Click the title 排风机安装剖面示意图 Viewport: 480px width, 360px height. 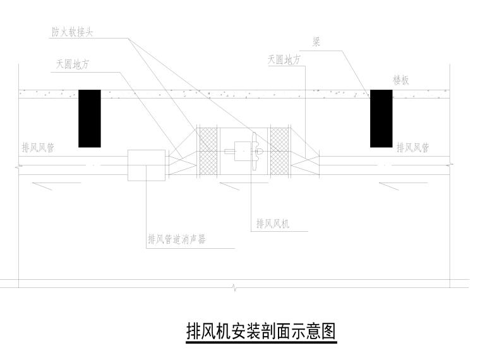261,331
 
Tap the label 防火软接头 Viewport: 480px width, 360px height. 72,32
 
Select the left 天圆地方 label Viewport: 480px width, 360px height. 73,64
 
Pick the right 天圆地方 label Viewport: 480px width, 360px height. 284,59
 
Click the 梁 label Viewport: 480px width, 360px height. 316,42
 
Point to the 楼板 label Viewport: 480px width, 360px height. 401,80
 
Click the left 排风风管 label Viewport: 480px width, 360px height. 38,148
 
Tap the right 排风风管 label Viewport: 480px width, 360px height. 413,148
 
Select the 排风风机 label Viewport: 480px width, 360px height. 273,224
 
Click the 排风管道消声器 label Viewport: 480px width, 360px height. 177,239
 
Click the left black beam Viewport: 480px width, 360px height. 90,119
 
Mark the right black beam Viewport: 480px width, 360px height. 381,119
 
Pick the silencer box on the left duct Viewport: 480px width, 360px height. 147,165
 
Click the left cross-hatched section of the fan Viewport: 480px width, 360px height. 208,152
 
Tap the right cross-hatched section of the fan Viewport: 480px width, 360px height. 280,152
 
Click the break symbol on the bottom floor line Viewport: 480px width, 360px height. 234,287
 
